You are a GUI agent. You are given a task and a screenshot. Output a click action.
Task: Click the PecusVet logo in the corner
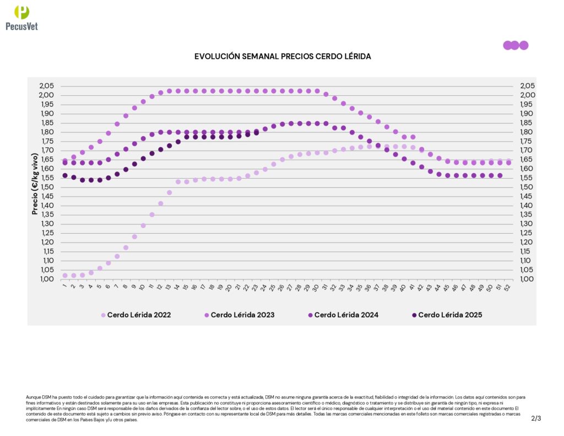coord(21,18)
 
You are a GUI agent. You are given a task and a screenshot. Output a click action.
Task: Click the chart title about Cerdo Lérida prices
coord(282,56)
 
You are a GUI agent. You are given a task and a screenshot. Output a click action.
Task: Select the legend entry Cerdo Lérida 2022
coord(139,315)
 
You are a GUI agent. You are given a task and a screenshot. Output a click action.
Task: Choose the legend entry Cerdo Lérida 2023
coord(242,315)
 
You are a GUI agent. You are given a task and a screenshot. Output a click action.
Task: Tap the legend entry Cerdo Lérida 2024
coord(346,315)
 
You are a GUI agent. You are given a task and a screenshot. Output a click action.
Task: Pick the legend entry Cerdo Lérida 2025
coord(449,315)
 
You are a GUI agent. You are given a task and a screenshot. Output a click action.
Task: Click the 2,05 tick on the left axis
coord(47,86)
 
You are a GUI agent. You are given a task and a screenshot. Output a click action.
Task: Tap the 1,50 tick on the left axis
coord(47,187)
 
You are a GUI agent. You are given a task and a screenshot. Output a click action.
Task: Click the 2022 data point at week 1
coord(65,275)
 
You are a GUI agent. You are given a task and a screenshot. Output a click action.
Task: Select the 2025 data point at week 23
coord(256,133)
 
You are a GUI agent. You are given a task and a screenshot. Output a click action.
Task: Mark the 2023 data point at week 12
coord(161,93)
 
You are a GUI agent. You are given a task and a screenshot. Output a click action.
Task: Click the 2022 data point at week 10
coord(143,225)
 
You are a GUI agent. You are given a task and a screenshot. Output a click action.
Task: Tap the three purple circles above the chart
coord(516,45)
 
